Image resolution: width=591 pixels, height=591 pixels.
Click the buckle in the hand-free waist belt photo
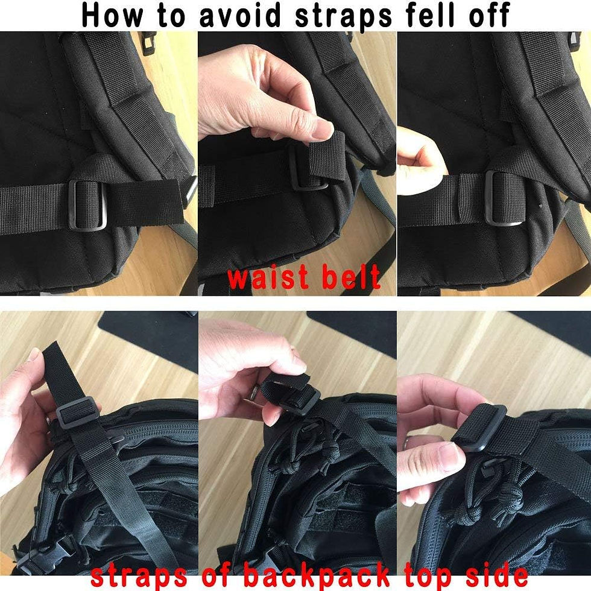coord(88,204)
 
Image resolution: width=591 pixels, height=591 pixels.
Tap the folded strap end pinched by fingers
coord(329,158)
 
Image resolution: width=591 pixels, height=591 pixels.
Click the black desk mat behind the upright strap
coord(151,332)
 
